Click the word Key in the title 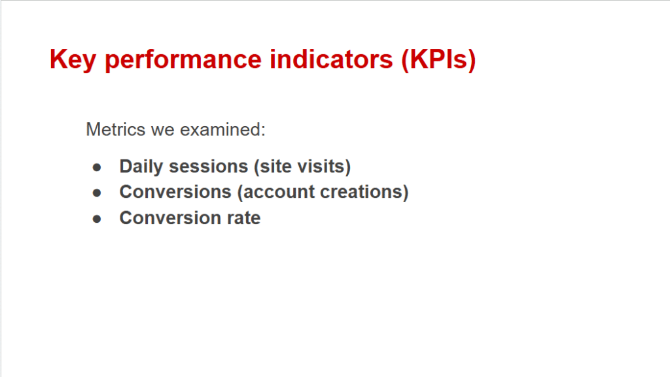coord(73,60)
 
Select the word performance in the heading coord(183,60)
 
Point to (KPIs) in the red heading coord(438,60)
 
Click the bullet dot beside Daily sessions coord(97,167)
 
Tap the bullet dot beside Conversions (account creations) coord(97,193)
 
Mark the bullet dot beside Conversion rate coord(97,219)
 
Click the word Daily coord(141,167)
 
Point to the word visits coord(325,167)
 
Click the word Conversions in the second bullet coord(175,192)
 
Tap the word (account coord(275,193)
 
